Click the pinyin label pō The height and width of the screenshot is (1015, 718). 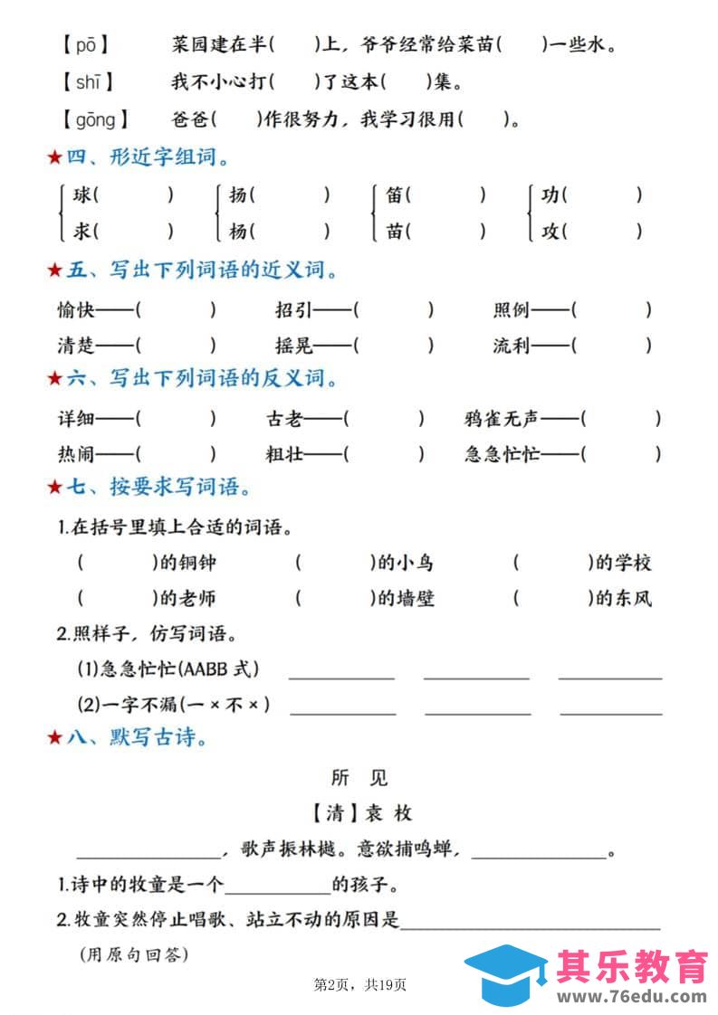[x=85, y=44]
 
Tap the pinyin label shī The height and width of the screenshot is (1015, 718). [x=88, y=82]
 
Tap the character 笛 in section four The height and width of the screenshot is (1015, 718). [x=395, y=194]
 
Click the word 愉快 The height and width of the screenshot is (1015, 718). [x=76, y=310]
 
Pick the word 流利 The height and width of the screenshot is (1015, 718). [x=512, y=346]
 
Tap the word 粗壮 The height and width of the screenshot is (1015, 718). [x=283, y=454]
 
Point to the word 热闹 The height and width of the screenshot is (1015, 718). [x=76, y=454]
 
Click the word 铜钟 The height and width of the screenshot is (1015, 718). [x=198, y=563]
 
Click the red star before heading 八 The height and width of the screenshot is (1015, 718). [x=54, y=738]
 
